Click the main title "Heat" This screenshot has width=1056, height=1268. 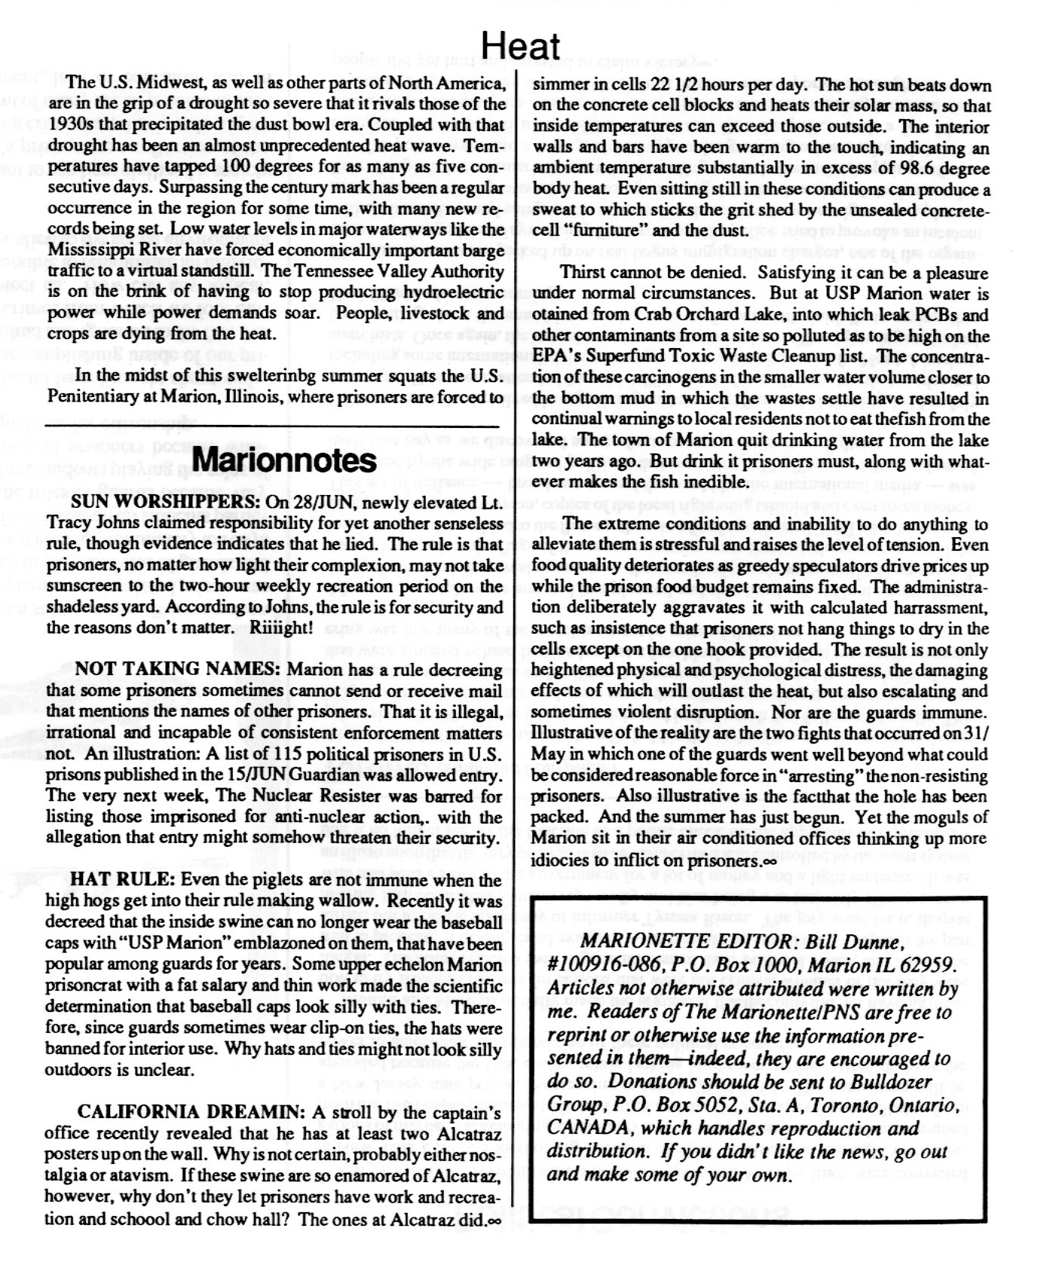[x=520, y=47]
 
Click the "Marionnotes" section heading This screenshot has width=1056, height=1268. [x=285, y=460]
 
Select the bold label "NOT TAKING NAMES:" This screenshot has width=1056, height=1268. [x=178, y=670]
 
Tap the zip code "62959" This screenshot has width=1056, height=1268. [x=927, y=966]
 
